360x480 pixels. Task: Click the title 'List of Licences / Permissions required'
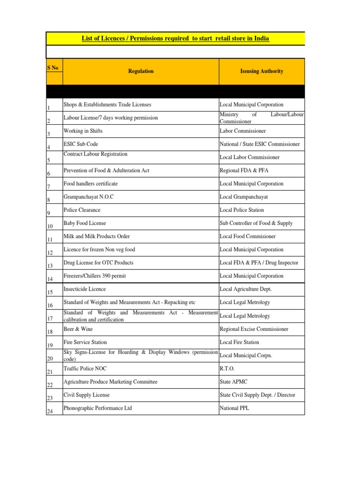[175, 38]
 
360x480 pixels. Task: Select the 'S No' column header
[53, 68]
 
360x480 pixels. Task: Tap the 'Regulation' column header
[141, 71]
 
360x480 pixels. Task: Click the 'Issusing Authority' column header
[261, 71]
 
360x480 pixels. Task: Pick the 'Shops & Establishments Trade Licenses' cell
[107, 105]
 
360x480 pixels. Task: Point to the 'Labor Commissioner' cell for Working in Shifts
[242, 131]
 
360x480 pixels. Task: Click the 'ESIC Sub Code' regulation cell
[81, 144]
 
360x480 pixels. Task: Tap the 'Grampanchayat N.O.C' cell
[89, 197]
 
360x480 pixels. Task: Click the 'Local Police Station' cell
[241, 210]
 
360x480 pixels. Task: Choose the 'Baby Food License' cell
[85, 223]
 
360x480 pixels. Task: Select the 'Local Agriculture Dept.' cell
[246, 289]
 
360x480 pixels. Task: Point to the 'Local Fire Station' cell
[239, 342]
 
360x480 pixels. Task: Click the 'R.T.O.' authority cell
[227, 369]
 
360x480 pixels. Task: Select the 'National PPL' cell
[234, 408]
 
